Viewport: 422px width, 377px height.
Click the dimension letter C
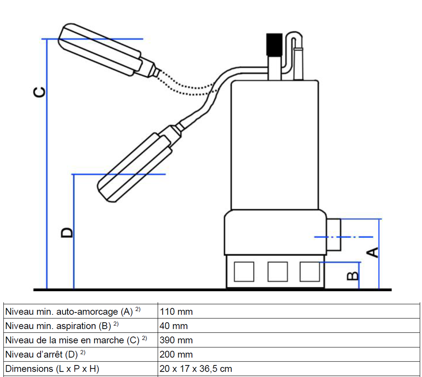tap(39, 92)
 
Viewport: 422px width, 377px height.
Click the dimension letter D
tap(67, 232)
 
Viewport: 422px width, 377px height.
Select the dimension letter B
tap(353, 276)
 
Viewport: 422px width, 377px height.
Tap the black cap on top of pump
tap(274, 44)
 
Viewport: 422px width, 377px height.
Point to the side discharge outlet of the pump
tap(334, 235)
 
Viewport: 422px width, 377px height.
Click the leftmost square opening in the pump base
tap(244, 272)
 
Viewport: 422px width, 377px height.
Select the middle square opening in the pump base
tap(277, 272)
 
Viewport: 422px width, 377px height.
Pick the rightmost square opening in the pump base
tap(310, 272)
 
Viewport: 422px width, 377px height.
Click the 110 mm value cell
tap(176, 312)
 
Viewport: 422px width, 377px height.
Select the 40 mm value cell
tap(174, 326)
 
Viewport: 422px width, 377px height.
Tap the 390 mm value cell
tap(176, 340)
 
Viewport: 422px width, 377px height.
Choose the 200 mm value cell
tap(176, 355)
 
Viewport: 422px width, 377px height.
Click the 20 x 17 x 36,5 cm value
tap(196, 369)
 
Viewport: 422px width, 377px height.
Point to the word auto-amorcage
tap(87, 312)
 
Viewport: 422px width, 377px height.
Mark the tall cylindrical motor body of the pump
tap(275, 144)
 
